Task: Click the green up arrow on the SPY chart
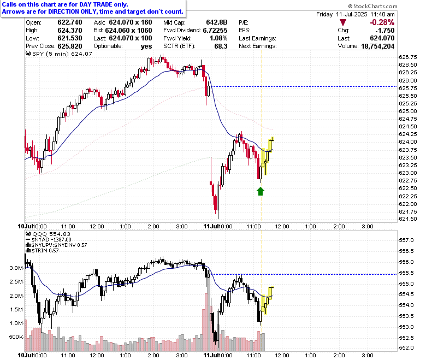(261, 191)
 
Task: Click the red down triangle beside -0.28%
(343, 22)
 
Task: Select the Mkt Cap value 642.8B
(216, 22)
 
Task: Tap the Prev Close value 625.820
(70, 46)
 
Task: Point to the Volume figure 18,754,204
(377, 46)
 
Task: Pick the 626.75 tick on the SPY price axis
(407, 57)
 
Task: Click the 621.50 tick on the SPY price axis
(407, 219)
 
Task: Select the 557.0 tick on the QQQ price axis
(406, 240)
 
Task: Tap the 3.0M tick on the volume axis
(16, 268)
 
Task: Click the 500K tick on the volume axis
(16, 337)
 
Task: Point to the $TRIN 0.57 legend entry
(42, 251)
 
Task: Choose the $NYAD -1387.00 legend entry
(49, 240)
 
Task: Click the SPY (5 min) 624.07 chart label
(58, 54)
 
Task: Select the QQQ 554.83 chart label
(48, 234)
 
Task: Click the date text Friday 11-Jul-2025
(342, 14)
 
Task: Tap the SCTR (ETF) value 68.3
(221, 46)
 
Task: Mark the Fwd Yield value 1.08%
(218, 38)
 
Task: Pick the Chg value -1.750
(384, 31)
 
